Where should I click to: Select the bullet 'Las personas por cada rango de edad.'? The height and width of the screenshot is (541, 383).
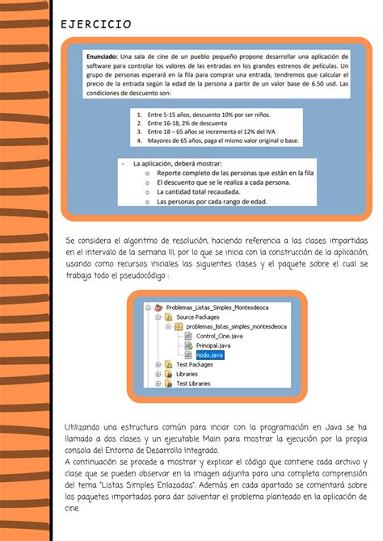click(x=211, y=202)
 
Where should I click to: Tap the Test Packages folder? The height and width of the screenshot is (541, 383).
click(x=195, y=364)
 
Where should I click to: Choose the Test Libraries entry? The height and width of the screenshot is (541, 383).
click(x=195, y=383)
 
